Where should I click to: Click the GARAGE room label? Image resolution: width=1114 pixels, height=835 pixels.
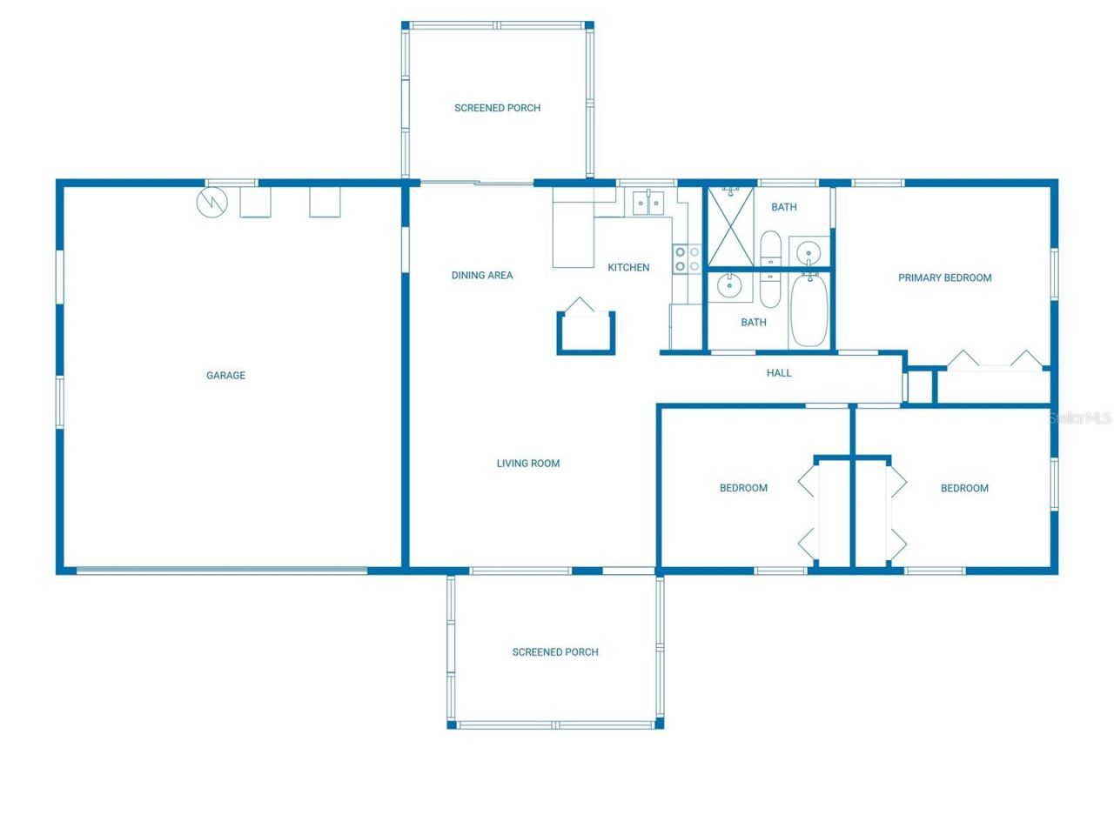pos(225,376)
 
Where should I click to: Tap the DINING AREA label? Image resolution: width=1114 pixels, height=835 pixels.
pos(481,276)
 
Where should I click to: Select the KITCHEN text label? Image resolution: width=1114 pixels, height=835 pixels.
pos(628,268)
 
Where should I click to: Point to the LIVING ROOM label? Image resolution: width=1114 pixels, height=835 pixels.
pos(528,464)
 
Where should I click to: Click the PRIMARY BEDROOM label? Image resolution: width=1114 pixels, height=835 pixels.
pos(944,278)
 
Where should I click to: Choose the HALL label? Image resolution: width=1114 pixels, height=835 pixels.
pos(779,373)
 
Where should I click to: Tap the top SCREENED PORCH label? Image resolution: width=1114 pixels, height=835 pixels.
pos(497,108)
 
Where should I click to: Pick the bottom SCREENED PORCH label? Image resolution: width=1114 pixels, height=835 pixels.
pos(555,652)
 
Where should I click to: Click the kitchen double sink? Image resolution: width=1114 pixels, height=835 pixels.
pos(648,203)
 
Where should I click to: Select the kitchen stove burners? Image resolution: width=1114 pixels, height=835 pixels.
pos(687,258)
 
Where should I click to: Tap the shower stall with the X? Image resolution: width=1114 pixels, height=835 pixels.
pos(729,226)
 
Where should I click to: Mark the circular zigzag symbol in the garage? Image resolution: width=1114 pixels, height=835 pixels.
pos(211,202)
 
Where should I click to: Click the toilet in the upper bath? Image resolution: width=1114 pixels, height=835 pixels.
pos(771,249)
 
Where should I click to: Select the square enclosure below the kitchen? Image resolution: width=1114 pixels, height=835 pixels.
pos(586,333)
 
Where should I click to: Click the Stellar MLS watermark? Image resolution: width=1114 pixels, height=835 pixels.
pos(1080,418)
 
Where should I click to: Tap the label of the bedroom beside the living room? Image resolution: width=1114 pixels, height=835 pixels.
pos(743,488)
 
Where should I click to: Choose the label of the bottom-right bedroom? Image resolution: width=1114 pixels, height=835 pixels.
pos(964,488)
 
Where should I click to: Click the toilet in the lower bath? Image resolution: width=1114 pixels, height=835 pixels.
pos(771,290)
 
